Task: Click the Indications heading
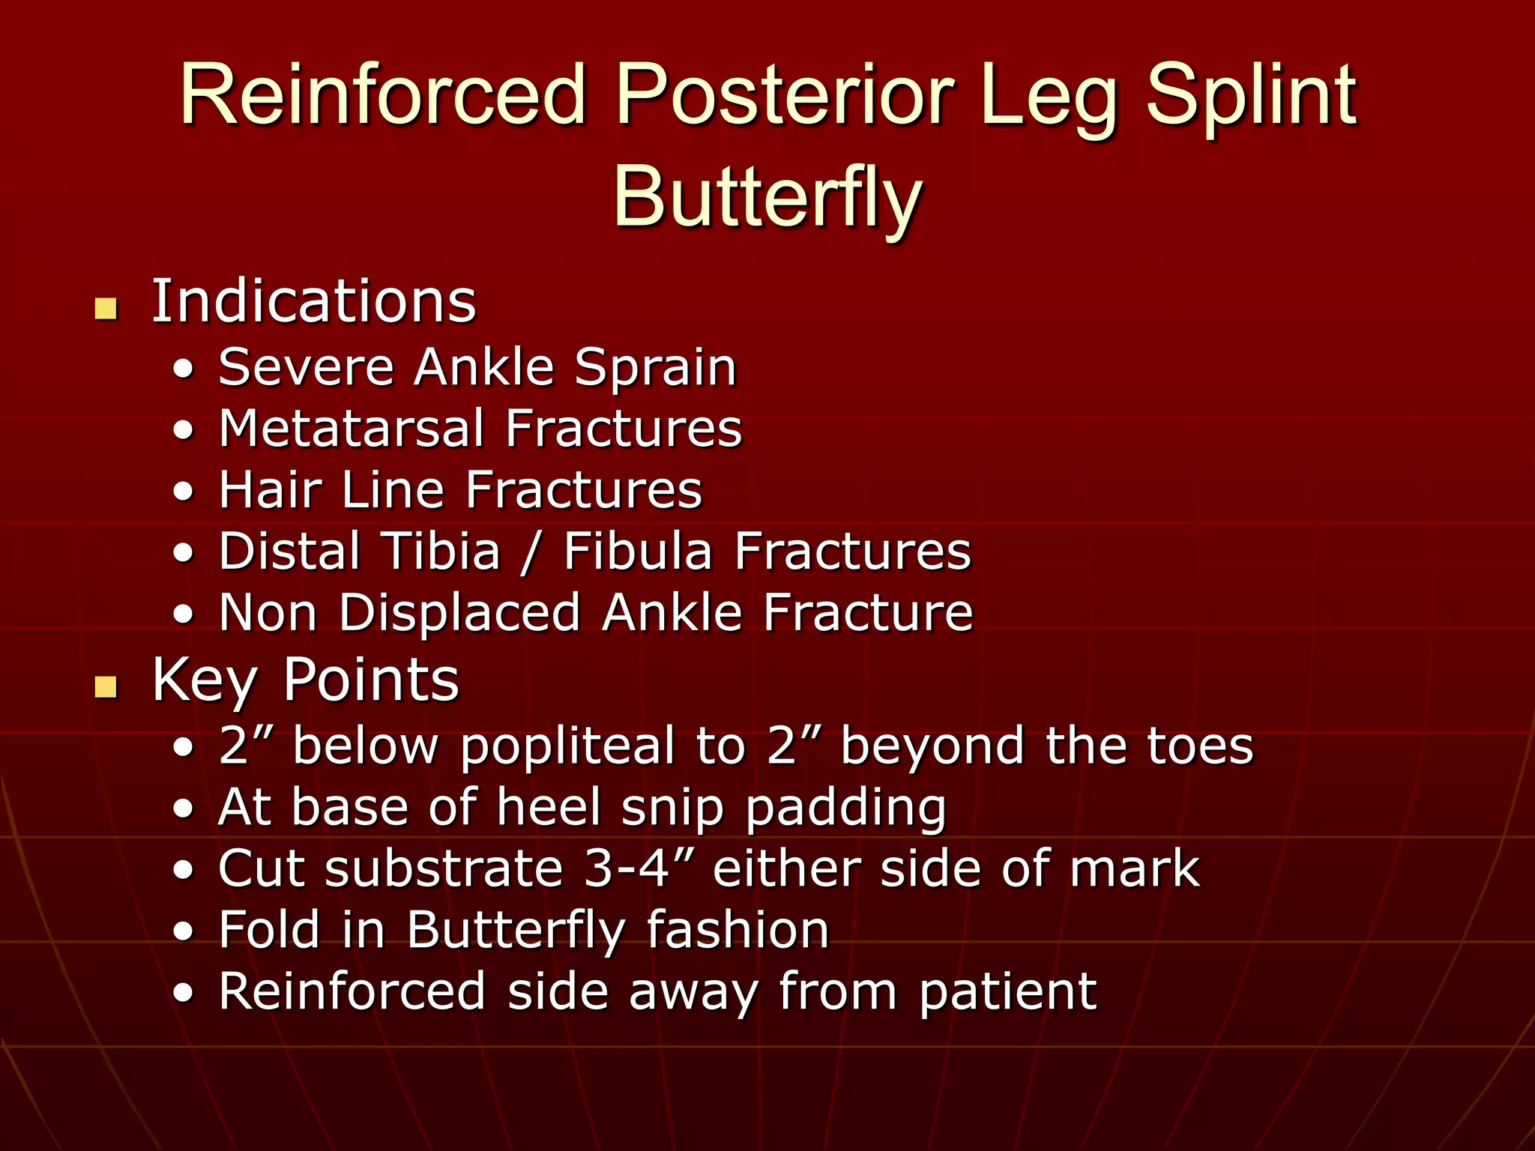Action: pos(313,302)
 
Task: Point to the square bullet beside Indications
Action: pos(106,308)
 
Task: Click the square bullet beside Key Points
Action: pos(106,686)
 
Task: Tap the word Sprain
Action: pos(655,368)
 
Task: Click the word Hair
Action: pos(270,490)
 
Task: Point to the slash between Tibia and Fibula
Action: pos(531,553)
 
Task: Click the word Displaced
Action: pos(459,613)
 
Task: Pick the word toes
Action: pos(1200,746)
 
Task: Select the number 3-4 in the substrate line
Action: pos(626,869)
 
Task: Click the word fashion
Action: pos(738,931)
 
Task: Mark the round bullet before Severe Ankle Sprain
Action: pos(184,369)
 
